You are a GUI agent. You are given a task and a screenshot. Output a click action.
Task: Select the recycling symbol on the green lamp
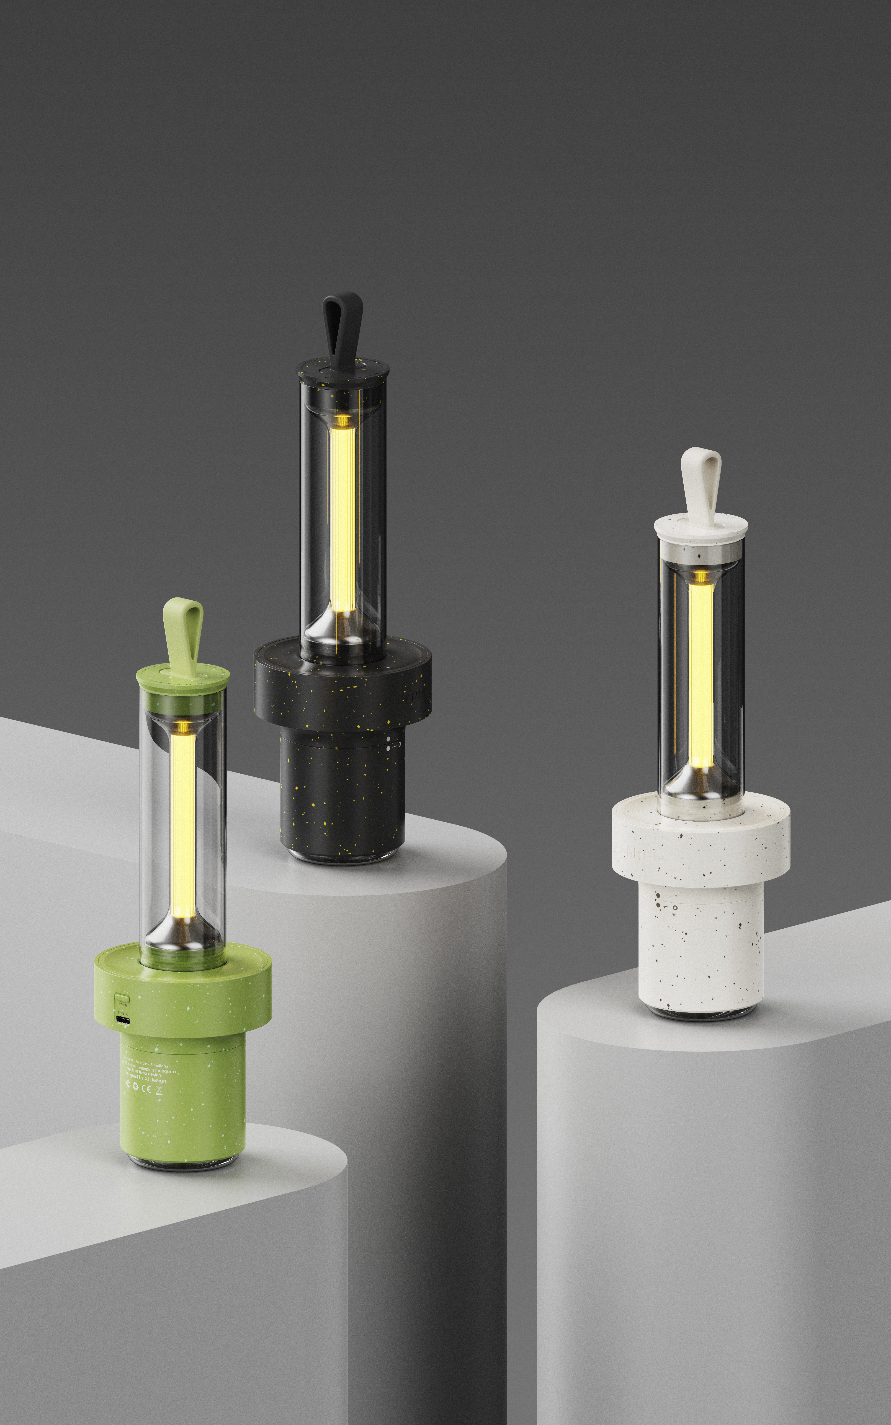tap(135, 1087)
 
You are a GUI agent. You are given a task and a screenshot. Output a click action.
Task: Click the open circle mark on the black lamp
tap(400, 744)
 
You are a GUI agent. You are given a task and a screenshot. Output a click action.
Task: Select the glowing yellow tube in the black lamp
tap(342, 518)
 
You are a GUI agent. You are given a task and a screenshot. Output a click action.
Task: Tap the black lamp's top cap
tap(342, 371)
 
